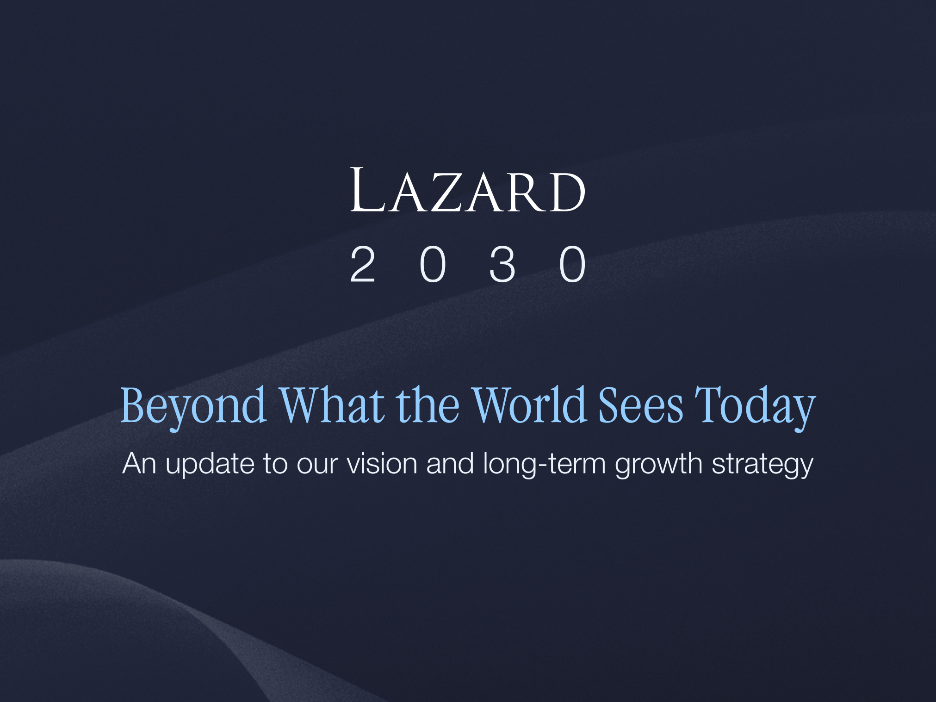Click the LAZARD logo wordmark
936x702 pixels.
click(x=468, y=190)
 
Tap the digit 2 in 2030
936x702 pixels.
click(x=362, y=264)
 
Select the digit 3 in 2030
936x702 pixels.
click(x=502, y=264)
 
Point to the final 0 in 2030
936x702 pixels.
click(x=572, y=264)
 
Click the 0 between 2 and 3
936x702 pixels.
click(x=433, y=264)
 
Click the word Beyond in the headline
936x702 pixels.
click(x=193, y=407)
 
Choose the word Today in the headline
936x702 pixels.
click(x=755, y=407)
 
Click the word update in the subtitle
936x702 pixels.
click(x=210, y=464)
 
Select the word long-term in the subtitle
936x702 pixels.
click(x=544, y=464)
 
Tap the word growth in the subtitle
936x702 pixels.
click(x=658, y=464)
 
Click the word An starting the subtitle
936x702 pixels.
click(x=139, y=463)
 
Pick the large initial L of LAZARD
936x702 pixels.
click(x=368, y=190)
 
